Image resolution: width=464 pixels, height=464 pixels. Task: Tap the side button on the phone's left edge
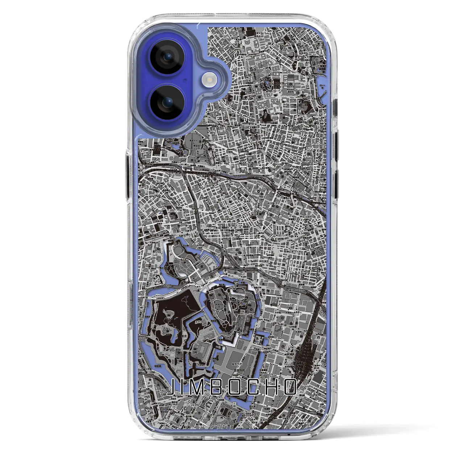coord(127,174)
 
